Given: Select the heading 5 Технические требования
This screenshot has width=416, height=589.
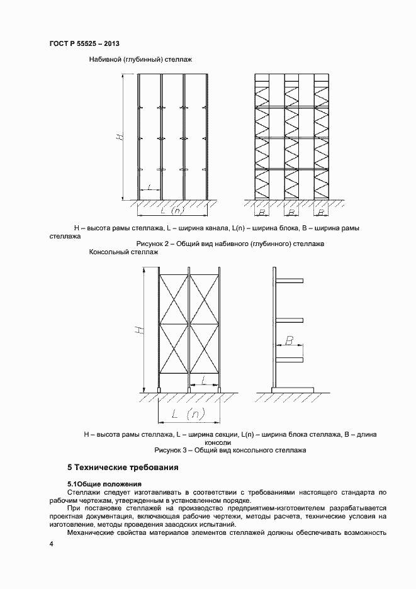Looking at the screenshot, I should pos(123,468).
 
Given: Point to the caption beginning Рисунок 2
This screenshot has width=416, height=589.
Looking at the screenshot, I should pos(230,244).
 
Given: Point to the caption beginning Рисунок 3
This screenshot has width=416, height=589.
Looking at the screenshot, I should pos(230,451).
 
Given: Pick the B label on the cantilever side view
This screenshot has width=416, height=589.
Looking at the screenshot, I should pos(289,340).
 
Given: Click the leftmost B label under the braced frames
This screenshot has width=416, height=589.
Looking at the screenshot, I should pos(261,205).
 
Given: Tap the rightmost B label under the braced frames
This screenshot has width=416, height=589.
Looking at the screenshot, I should pos(321,205).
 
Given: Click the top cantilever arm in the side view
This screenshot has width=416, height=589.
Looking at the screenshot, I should pos(290,280).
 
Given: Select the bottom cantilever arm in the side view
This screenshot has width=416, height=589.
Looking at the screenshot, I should pos(290,360).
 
